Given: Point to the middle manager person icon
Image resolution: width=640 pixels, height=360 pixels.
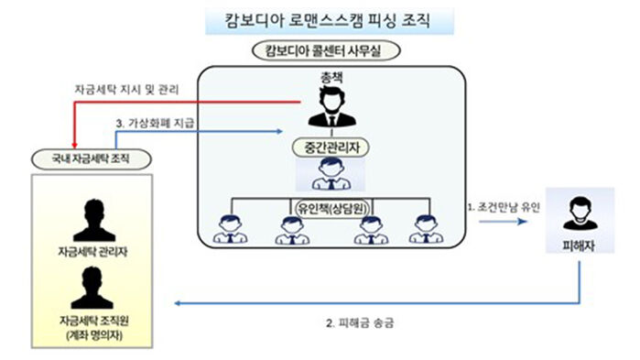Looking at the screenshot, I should pyautogui.click(x=327, y=172).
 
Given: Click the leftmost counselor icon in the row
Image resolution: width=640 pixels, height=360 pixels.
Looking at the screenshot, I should pyautogui.click(x=226, y=228).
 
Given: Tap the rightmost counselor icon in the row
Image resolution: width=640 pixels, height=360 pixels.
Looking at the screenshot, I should pyautogui.click(x=424, y=228).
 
